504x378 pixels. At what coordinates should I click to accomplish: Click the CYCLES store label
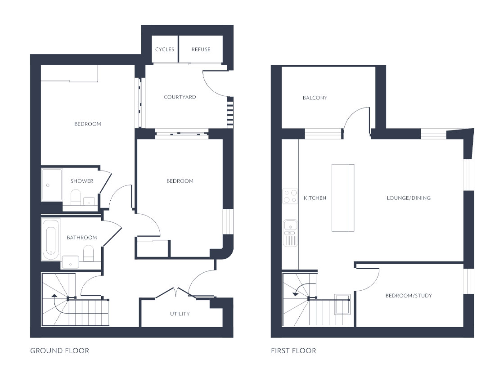pos(165,49)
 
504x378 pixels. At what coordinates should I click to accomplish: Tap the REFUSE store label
pos(201,49)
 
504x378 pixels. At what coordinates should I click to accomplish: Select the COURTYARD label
pos(180,97)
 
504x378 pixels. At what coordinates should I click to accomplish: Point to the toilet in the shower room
pos(76,197)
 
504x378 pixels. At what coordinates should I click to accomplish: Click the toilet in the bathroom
pos(88,253)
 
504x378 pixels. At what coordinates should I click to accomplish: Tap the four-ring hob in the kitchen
pos(290,196)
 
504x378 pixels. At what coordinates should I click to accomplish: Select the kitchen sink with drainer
pos(291,233)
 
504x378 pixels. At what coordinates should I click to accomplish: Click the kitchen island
pos(343,198)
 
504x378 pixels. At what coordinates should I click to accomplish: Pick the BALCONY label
pos(315,98)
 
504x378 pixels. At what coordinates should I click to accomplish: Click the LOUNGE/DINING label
pos(409,198)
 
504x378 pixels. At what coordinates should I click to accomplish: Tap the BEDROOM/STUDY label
pos(409,295)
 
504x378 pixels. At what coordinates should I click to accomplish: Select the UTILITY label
pos(180,314)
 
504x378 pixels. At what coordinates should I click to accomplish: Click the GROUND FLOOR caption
pos(59,351)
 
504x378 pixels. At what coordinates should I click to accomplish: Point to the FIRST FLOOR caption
pos(293,351)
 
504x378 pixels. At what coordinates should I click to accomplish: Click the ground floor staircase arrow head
pos(54,295)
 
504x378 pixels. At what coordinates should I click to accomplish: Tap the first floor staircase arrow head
pos(295,293)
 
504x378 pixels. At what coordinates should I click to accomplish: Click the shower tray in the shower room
pos(51,185)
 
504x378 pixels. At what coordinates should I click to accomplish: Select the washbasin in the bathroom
pos(70,262)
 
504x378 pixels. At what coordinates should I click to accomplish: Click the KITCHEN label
pos(315,198)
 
